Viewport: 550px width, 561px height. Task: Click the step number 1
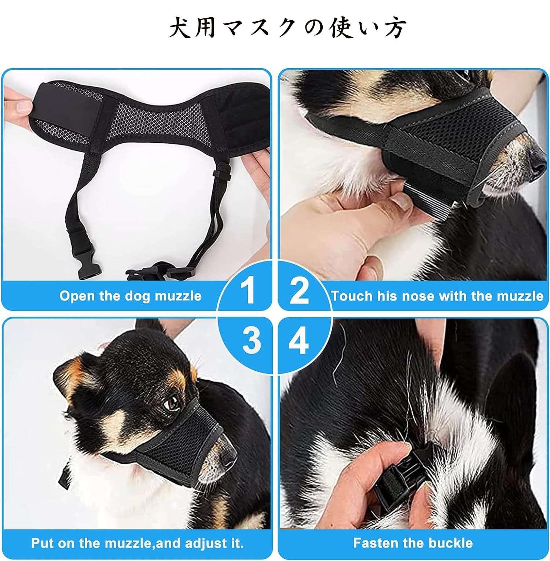pyautogui.click(x=249, y=291)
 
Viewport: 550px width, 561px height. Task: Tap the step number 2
pyautogui.click(x=299, y=291)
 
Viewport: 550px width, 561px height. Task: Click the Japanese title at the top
pyautogui.click(x=288, y=28)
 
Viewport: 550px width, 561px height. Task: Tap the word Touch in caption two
pyautogui.click(x=352, y=296)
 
